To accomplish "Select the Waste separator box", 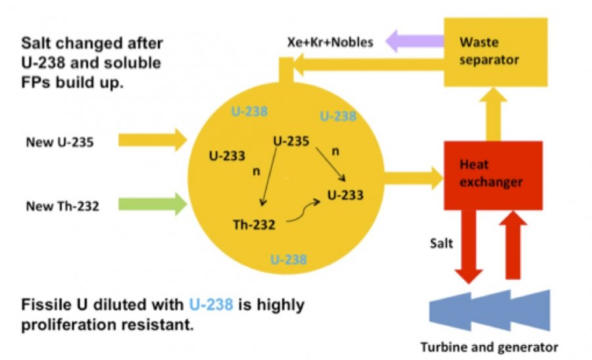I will [495, 51].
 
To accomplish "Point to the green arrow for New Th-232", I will [152, 205].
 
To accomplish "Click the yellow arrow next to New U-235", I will [152, 140].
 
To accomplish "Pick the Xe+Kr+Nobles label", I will [330, 43].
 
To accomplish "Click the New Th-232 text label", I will [62, 207].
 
